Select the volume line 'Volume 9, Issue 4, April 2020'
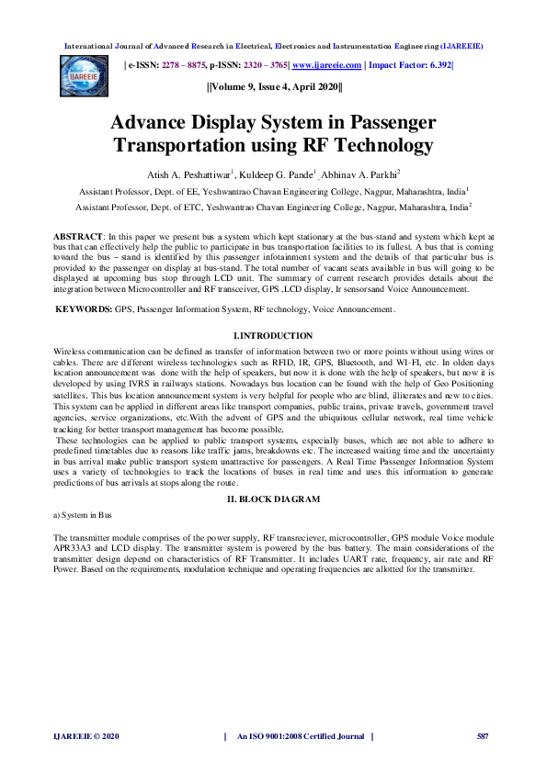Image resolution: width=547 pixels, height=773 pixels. (274, 87)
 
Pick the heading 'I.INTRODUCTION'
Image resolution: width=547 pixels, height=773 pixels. (273, 336)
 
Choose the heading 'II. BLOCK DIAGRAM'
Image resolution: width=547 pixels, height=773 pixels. (273, 499)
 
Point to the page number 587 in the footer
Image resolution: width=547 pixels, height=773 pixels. (482, 736)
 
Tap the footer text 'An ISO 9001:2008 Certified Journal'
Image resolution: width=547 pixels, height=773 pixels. (300, 736)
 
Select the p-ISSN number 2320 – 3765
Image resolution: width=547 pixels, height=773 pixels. (260, 65)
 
